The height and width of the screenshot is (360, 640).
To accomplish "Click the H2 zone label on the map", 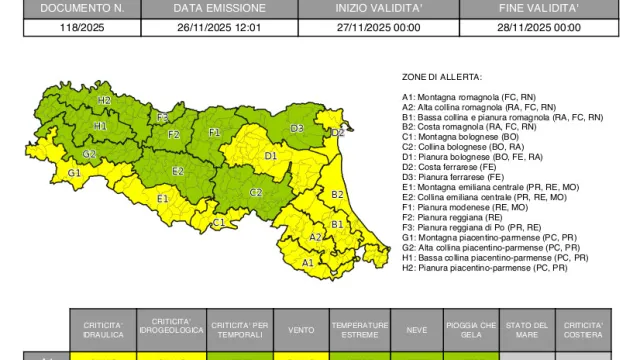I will click(104, 101).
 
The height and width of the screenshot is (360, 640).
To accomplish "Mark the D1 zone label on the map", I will click(271, 156).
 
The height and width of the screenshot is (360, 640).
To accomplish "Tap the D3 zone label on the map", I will click(297, 129).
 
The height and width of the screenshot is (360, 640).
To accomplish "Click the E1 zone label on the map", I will click(162, 198).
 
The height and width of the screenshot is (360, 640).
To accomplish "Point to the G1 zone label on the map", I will click(74, 173).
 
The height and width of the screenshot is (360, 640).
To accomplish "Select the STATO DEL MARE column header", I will click(527, 329).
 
